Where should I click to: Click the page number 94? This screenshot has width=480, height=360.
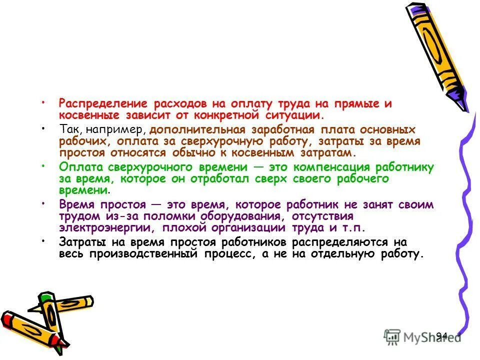click(441, 335)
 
